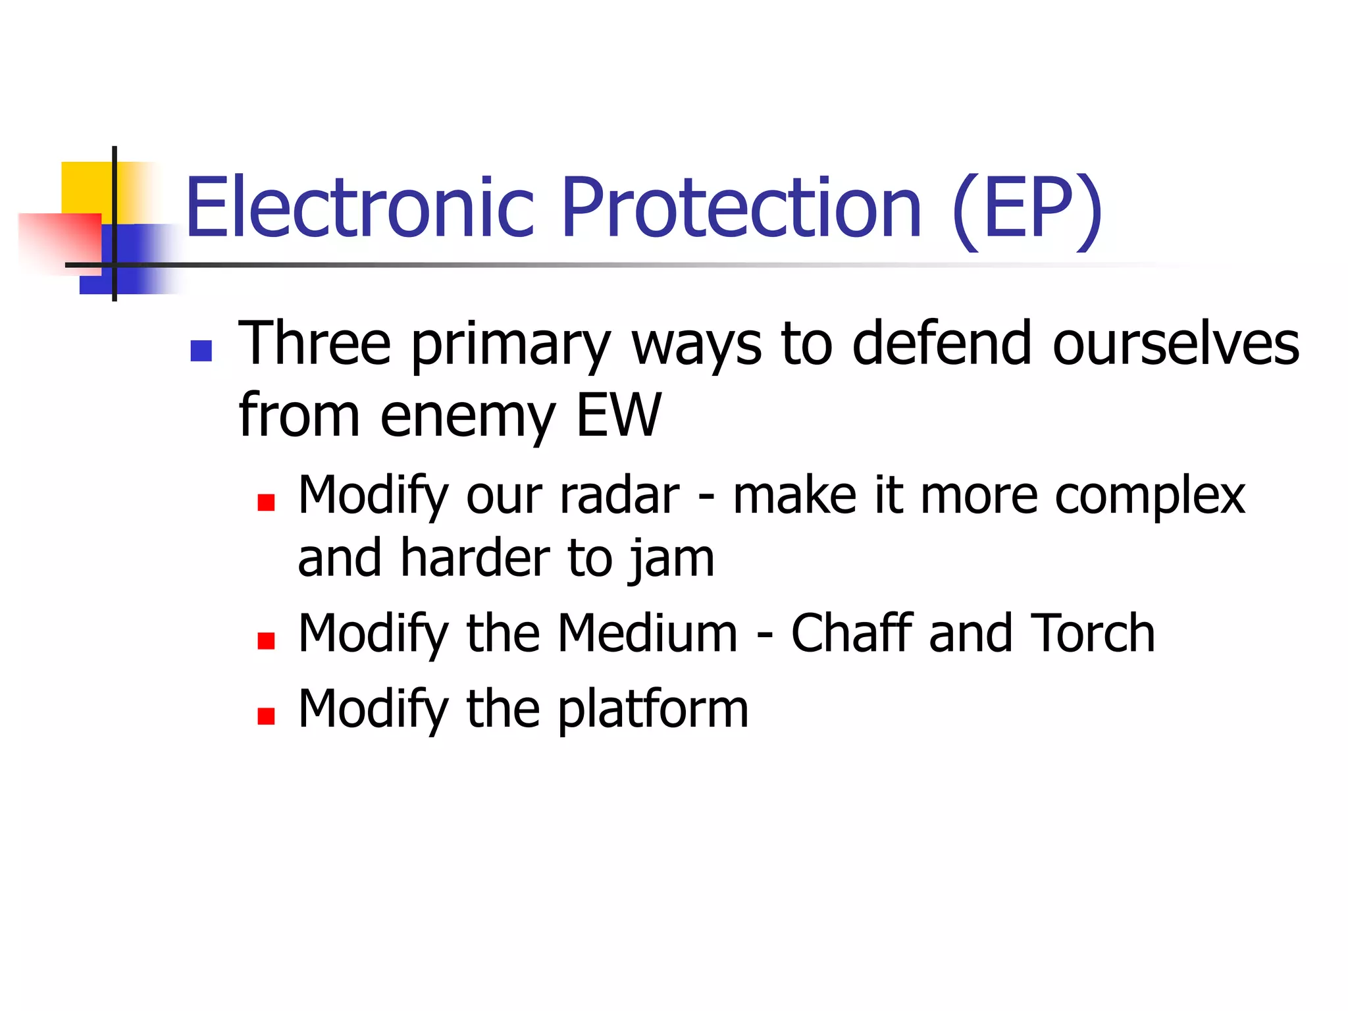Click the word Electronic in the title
click(359, 208)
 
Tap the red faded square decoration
click(59, 240)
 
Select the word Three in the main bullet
click(314, 344)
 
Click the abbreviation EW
click(618, 415)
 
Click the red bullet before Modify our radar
click(266, 503)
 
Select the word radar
click(619, 495)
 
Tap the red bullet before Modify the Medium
click(266, 640)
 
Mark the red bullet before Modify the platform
click(266, 715)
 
